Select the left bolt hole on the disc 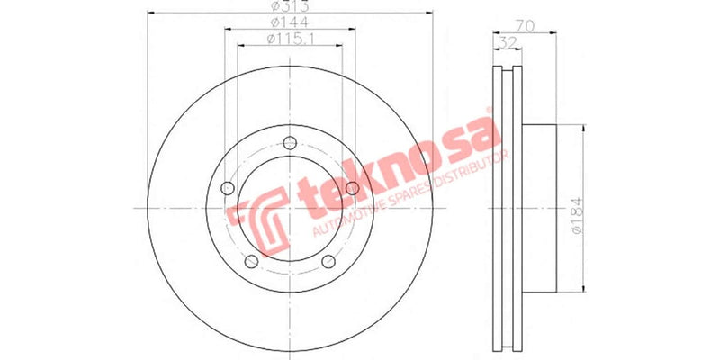(227, 188)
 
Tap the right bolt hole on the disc (353, 187)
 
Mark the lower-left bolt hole (251, 262)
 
